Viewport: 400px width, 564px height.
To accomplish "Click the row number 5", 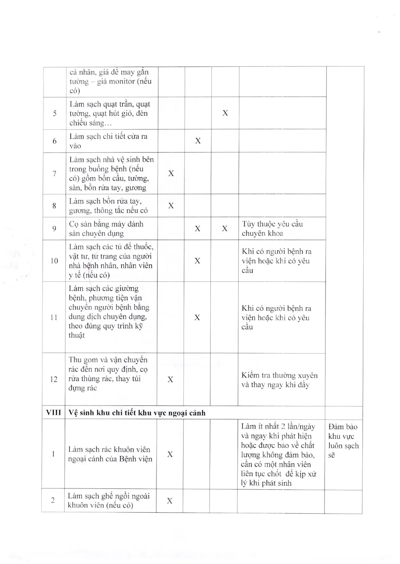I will point(55,114).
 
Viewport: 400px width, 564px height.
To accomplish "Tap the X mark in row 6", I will point(198,141).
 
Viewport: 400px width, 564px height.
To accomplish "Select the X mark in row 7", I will point(171,173).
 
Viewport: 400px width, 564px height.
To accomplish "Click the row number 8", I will point(54,206).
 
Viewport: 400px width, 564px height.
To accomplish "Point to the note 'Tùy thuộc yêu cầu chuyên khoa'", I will point(272,229).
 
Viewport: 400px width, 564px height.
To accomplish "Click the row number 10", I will point(54,261).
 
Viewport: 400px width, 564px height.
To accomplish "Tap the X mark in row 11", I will point(197,317).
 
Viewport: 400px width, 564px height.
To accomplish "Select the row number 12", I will point(54,379).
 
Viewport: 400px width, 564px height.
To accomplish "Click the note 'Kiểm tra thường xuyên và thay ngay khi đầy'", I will point(279,380).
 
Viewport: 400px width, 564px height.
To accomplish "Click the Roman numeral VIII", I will point(53,412).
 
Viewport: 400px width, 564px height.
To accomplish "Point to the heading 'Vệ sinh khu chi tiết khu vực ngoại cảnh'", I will point(137,413).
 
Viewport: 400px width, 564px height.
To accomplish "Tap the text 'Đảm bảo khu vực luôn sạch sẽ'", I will point(343,441).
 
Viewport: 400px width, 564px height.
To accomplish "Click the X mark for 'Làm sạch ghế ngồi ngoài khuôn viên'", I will point(170,501).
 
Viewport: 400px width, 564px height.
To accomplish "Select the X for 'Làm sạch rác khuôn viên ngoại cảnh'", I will point(170,454).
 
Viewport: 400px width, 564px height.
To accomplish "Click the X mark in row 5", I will point(225,113).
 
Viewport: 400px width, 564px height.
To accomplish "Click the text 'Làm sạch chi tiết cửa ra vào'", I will point(108,141).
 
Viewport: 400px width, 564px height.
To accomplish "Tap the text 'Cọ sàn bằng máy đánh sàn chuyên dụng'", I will point(106,229).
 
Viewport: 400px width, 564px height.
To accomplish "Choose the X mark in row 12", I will point(170,380).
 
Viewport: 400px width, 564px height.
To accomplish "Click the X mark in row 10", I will point(198,261).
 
